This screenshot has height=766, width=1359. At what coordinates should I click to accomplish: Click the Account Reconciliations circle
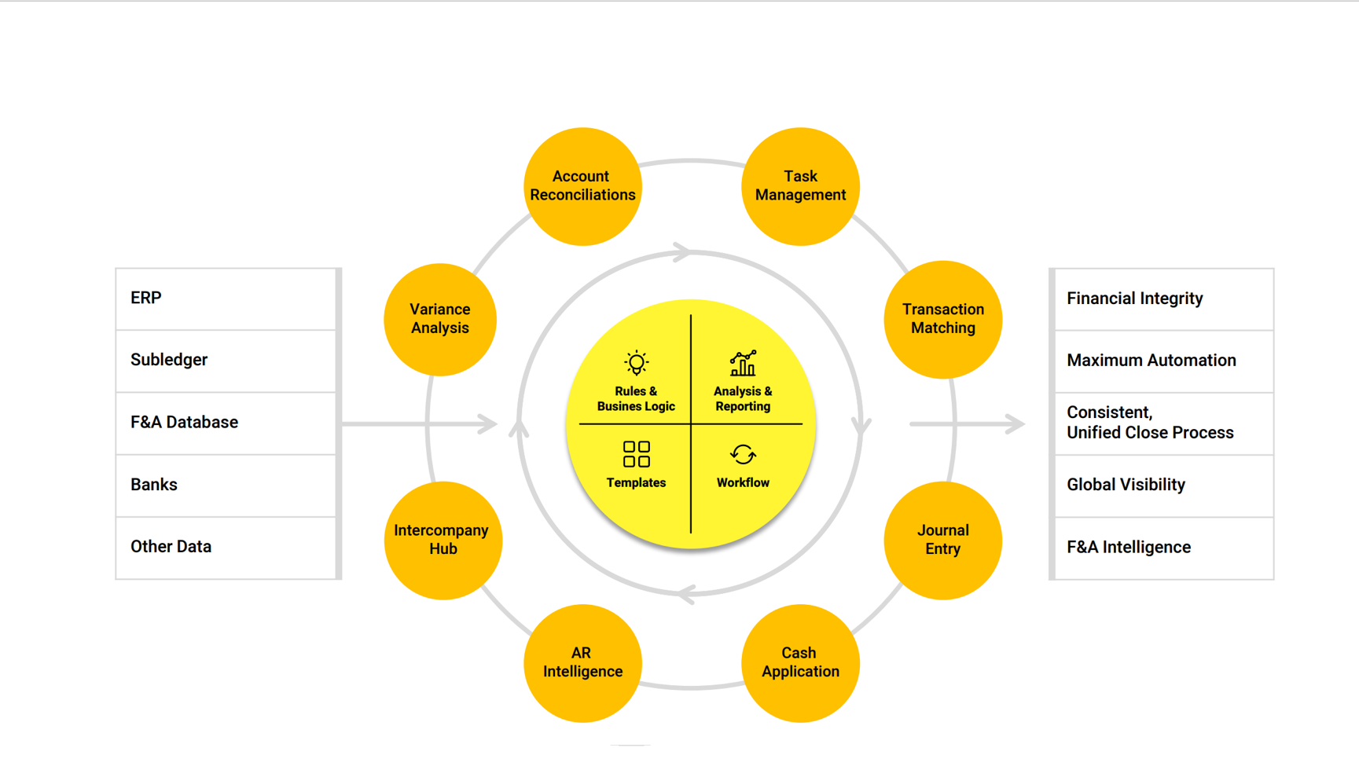pos(582,186)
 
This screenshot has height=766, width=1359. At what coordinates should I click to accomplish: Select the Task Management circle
pos(800,186)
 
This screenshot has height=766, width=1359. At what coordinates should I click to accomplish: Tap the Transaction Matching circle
pos(942,319)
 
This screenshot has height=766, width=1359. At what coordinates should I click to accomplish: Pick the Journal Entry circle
pos(942,540)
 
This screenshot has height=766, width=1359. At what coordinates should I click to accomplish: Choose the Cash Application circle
pos(800,662)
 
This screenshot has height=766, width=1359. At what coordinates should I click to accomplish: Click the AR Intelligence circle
pos(582,662)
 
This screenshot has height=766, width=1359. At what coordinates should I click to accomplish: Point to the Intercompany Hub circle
pos(443,540)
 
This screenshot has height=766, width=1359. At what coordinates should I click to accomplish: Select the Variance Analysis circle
pos(440,319)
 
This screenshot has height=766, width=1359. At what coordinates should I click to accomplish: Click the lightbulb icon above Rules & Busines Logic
pos(636,364)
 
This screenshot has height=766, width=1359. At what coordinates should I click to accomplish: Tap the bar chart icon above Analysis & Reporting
pos(743,364)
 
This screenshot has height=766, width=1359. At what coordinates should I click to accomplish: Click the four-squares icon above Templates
pos(636,454)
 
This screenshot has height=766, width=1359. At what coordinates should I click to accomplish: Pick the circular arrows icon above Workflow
pos(743,454)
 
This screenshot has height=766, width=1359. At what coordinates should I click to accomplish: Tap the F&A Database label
pos(184,423)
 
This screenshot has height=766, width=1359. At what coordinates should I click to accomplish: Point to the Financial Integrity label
pos(1134,299)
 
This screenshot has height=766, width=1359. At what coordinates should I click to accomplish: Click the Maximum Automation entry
pos(1151,361)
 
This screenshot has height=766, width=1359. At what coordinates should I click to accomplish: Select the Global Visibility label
pos(1126,485)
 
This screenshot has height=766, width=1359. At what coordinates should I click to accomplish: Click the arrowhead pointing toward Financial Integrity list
pos(1016,424)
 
